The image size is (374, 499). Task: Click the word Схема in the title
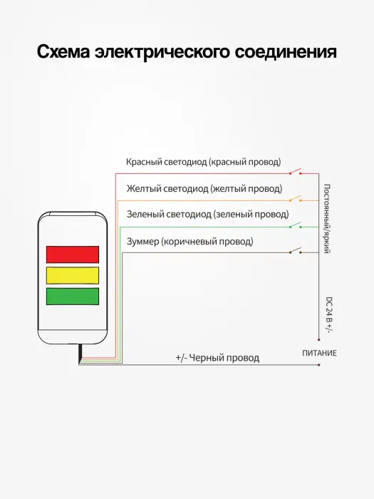[63, 51]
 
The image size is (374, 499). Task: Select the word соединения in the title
[286, 52]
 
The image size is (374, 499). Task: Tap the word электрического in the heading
[162, 53]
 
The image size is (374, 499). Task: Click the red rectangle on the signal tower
[73, 254]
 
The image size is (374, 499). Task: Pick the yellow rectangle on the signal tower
[73, 275]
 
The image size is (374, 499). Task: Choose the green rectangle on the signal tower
[73, 297]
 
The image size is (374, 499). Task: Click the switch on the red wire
[296, 173]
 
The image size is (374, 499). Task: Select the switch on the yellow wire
[296, 199]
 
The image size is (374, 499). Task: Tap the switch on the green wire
[296, 225]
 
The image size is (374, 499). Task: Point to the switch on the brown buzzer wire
[296, 251]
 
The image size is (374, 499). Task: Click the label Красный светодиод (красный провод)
[204, 162]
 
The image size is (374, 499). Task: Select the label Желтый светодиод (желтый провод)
[204, 189]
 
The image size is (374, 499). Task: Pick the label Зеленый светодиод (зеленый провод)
[208, 214]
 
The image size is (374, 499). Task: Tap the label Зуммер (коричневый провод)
[190, 242]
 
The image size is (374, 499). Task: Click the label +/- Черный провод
[217, 358]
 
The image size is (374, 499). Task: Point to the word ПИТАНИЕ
[319, 353]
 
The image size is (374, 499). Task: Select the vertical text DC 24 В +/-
[329, 314]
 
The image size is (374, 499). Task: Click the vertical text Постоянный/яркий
[326, 219]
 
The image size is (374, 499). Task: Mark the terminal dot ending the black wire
[318, 365]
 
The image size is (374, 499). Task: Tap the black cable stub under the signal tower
[80, 354]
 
